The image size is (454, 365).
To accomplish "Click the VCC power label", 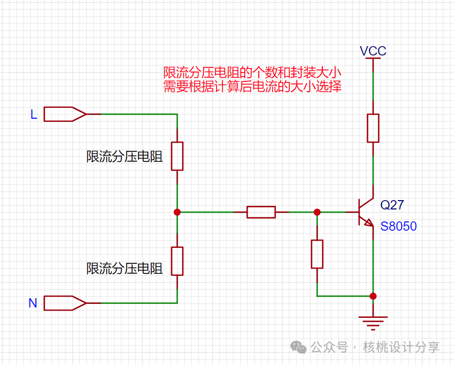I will tap(373, 51).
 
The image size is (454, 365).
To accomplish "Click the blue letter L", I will tap(34, 115).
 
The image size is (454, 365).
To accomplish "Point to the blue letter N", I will tap(33, 303).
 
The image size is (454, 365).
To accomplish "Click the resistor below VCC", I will tap(373, 128).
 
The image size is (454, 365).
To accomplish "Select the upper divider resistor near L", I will tap(177, 156).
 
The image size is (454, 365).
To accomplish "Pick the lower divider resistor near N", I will tap(177, 261).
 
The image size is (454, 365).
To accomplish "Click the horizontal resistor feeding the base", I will tap(261, 212).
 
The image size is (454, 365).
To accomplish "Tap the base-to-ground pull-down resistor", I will tap(317, 254).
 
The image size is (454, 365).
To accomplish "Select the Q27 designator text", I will tap(392, 205).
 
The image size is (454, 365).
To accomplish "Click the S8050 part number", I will tap(398, 227).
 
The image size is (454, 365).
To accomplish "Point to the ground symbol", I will tap(373, 322).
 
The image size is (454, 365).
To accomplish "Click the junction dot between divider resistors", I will tap(177, 212).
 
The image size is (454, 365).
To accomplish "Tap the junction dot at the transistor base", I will tap(317, 212).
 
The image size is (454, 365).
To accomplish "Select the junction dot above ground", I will tap(373, 296).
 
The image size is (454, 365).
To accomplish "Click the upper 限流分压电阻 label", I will tap(124, 157).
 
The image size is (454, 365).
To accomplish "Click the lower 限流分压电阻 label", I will tap(124, 268).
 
